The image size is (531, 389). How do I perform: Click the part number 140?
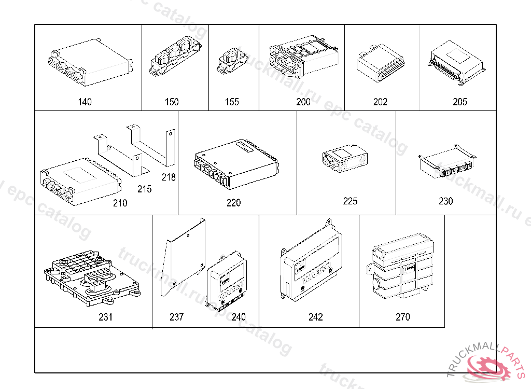point(85,102)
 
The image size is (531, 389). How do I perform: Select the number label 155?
point(232,102)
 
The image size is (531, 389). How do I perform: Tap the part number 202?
point(380,102)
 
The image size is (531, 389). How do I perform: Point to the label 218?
point(169,177)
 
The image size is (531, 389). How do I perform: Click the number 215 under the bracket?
point(145,189)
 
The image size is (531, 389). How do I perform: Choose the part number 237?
point(176,317)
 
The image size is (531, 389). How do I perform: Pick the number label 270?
point(402,317)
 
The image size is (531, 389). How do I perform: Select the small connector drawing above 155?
point(230,62)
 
